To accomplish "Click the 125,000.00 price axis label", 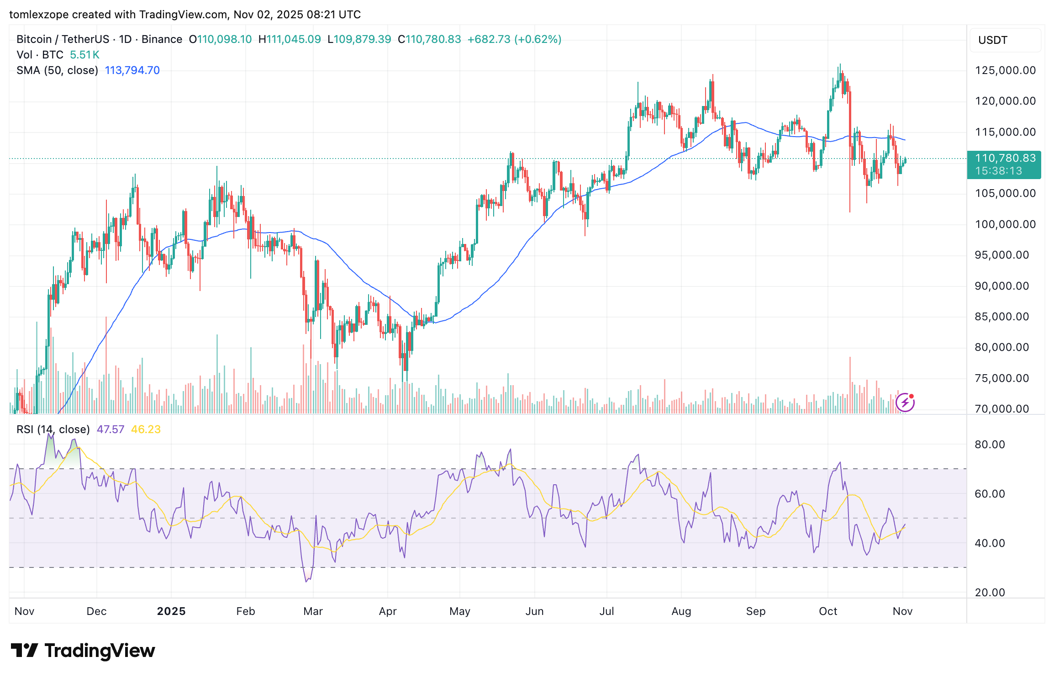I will point(1005,70).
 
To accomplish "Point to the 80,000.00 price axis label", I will point(1001,347).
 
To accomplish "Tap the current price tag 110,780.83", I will point(1005,159).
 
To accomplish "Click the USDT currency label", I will point(992,40).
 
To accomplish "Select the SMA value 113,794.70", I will point(132,70).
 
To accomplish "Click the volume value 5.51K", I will point(84,55).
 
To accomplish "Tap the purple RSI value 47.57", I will point(111,429).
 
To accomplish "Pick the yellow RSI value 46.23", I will point(146,429).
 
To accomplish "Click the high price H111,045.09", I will point(290,39).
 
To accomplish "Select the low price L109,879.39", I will point(359,39).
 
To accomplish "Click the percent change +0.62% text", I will point(538,39).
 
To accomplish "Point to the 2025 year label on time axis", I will point(171,611).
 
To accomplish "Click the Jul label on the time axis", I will point(606,611).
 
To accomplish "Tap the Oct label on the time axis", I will point(828,611).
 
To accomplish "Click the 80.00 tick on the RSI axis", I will point(990,445).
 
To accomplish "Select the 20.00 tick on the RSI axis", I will point(990,593).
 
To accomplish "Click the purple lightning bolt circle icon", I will point(905,403).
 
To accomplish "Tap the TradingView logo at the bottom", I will point(83,651).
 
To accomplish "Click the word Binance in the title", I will point(162,39).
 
